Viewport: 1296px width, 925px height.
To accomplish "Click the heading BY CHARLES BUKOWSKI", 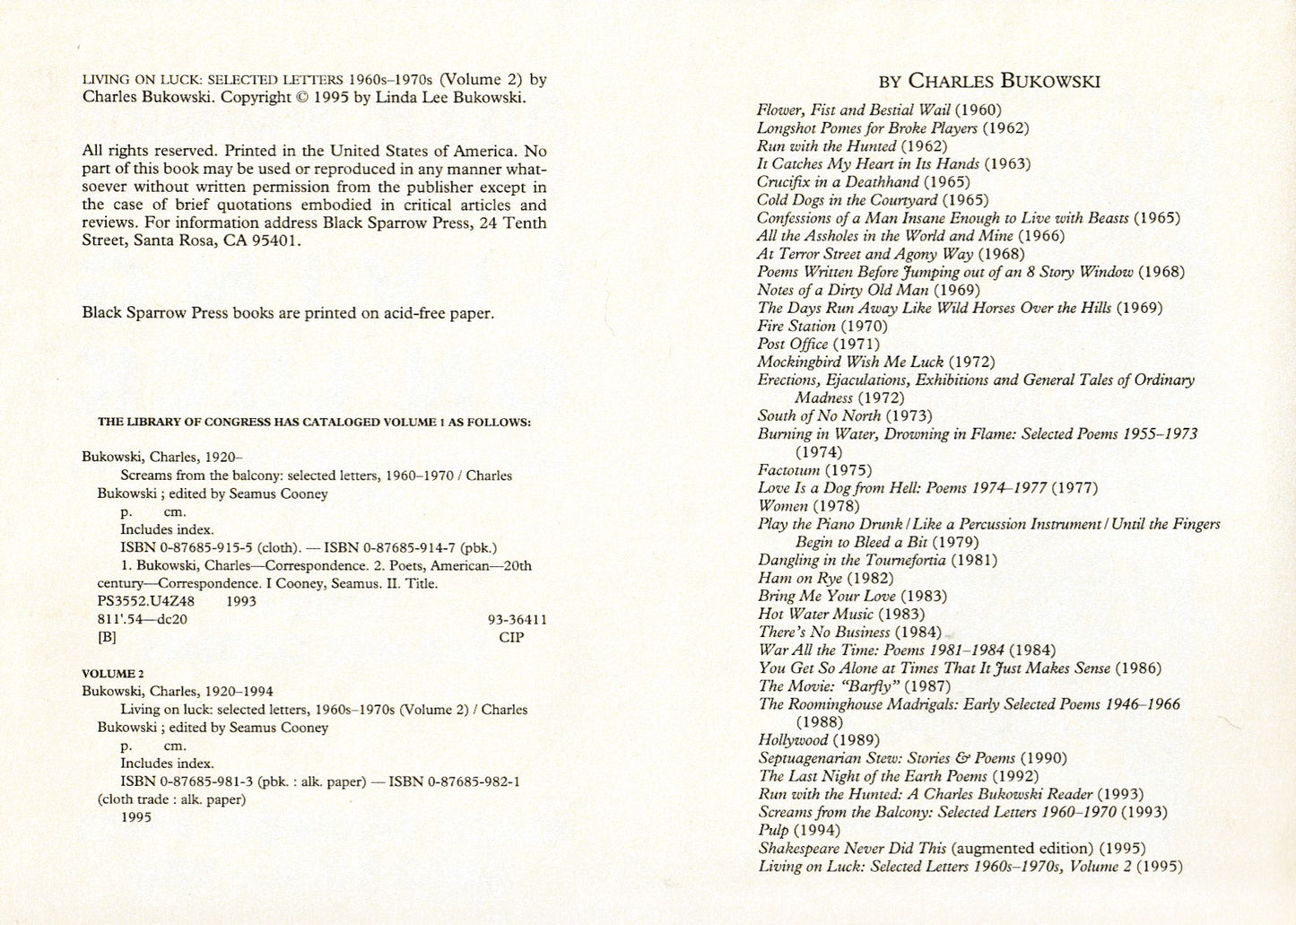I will coord(989,81).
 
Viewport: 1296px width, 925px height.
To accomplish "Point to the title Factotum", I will coord(788,469).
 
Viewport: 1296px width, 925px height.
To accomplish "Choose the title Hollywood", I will coord(793,740).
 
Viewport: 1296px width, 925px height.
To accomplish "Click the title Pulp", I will coord(774,830).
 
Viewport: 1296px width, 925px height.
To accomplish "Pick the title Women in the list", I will coord(784,506).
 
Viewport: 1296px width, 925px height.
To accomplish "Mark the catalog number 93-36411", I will coord(517,619).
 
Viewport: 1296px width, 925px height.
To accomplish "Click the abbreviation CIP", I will coord(511,637).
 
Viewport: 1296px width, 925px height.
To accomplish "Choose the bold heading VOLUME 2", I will coord(113,673).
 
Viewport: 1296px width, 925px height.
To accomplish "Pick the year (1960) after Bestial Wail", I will coord(977,109).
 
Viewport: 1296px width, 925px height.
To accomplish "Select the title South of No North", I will coord(819,415).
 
